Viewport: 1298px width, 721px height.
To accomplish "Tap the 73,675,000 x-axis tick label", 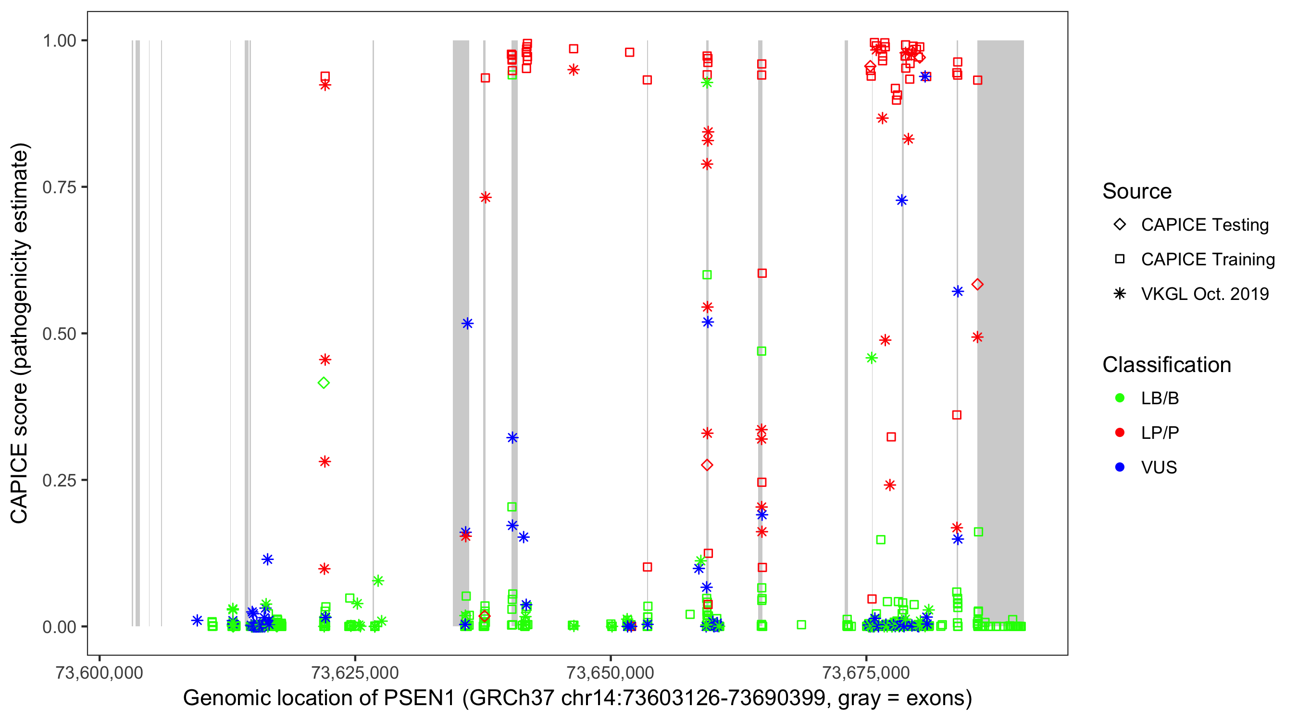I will [866, 672].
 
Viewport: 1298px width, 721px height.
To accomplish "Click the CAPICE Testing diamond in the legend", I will [1120, 224].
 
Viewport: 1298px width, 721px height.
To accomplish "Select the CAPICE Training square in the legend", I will [1120, 259].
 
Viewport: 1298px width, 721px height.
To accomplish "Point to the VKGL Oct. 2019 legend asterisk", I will [1120, 294].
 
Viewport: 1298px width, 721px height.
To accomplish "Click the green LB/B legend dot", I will [1120, 398].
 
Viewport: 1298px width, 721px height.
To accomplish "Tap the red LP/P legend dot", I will [1120, 433].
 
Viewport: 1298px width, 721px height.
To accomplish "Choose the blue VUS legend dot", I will [1120, 467].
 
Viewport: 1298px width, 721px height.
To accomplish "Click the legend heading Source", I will [1137, 191].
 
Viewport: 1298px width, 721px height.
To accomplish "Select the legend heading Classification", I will [1166, 365].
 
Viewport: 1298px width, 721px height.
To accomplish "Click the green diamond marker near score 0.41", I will [324, 383].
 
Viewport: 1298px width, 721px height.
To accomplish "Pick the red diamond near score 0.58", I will [977, 285].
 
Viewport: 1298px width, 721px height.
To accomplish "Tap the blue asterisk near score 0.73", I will [901, 200].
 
